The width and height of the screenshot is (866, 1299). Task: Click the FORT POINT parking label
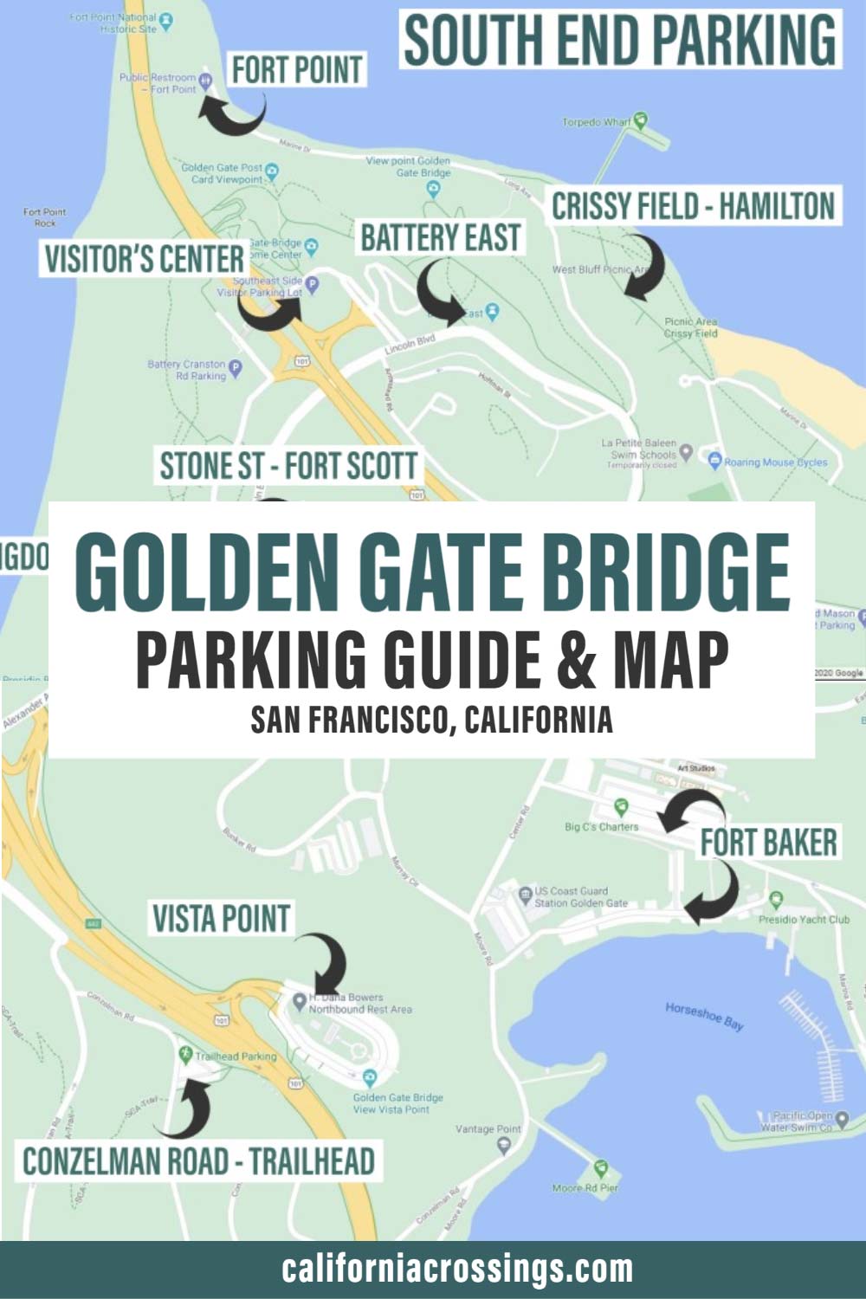point(297,69)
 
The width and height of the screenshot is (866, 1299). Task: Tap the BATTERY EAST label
point(441,237)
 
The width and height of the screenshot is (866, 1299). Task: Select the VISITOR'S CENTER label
point(145,259)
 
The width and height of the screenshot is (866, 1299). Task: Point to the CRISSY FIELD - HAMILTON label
point(694,206)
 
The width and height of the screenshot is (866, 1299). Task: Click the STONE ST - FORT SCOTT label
point(288,466)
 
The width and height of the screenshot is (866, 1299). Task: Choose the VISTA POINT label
point(221,919)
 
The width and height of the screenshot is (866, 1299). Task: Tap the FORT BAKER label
point(769,842)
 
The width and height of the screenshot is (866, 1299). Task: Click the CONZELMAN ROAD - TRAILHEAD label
point(198,1161)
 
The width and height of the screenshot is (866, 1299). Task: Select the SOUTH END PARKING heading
point(621,40)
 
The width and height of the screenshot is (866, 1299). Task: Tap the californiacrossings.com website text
point(457,1270)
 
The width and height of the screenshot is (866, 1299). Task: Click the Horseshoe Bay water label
point(704,1016)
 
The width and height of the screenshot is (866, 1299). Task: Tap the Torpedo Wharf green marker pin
point(641,119)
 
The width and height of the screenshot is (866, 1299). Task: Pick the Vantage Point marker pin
point(505,1145)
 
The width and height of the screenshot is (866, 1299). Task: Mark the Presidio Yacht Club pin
point(776,901)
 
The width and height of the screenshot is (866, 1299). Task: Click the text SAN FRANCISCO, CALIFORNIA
point(432,719)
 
